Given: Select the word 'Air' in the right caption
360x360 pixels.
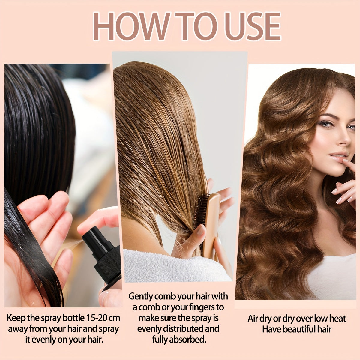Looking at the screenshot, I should pyautogui.click(x=253, y=318).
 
